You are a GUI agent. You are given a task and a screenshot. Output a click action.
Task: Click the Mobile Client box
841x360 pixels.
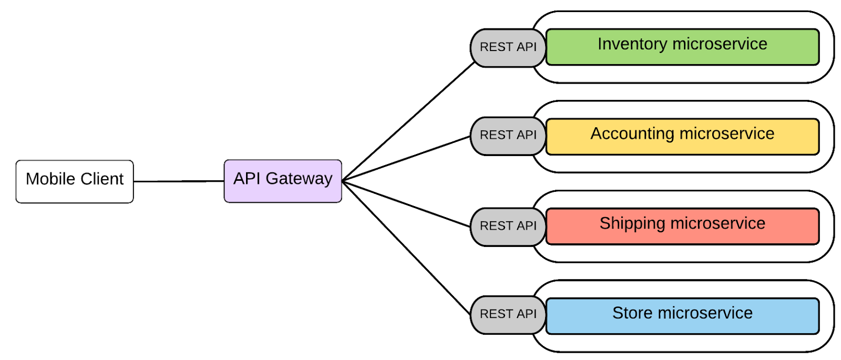coord(74,181)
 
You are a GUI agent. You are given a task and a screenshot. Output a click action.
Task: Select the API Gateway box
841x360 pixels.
coord(283,181)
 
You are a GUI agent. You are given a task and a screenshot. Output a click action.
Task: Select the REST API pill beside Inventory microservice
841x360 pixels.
coord(508,47)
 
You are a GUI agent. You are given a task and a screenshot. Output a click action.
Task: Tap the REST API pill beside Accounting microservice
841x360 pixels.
coord(508,136)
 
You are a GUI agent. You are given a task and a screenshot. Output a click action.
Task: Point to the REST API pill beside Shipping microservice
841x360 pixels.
coord(508,227)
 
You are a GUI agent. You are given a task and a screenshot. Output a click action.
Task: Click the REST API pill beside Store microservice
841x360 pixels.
coord(508,314)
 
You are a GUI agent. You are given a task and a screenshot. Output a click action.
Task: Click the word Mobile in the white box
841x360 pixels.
coord(50,179)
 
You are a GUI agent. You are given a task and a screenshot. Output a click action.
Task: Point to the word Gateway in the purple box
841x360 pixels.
coord(299,179)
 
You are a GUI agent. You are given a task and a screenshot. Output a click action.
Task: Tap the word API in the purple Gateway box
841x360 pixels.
coord(247,179)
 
